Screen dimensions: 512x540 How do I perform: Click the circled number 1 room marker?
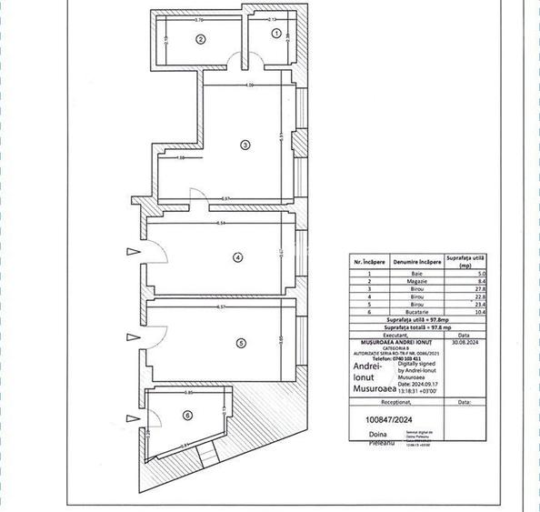[x=277, y=35]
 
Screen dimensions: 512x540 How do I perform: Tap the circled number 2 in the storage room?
[x=201, y=38]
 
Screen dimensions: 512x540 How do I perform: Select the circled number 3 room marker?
[x=245, y=145]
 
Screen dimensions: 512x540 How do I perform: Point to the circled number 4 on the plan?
[x=237, y=257]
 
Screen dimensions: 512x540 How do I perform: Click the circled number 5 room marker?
[x=240, y=343]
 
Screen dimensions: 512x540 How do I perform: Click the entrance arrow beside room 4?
[x=134, y=252]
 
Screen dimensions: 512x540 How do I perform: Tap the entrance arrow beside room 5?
[x=134, y=331]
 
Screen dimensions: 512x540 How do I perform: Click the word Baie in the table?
[x=416, y=274]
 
